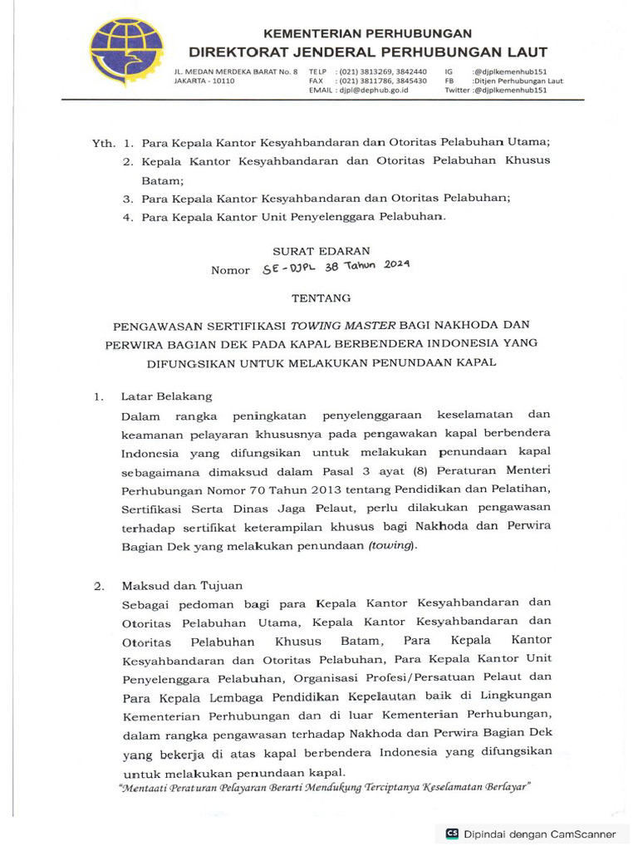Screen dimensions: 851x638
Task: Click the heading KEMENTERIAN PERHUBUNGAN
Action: click(367, 33)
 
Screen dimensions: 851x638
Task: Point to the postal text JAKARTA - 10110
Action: click(204, 81)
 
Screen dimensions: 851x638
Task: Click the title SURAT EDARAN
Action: click(321, 250)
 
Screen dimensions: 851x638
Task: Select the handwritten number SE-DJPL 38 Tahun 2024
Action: click(336, 268)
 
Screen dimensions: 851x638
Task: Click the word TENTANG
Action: click(321, 297)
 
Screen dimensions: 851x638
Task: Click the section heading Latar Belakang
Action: click(166, 396)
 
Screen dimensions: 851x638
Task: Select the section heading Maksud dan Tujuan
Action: click(181, 586)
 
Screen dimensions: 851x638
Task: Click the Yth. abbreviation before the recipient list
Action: click(103, 143)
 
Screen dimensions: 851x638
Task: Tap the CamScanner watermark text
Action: click(551, 834)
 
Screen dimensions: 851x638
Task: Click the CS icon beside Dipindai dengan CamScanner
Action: click(453, 834)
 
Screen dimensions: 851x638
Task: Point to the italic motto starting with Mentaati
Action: click(324, 786)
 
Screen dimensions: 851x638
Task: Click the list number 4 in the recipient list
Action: click(128, 218)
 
